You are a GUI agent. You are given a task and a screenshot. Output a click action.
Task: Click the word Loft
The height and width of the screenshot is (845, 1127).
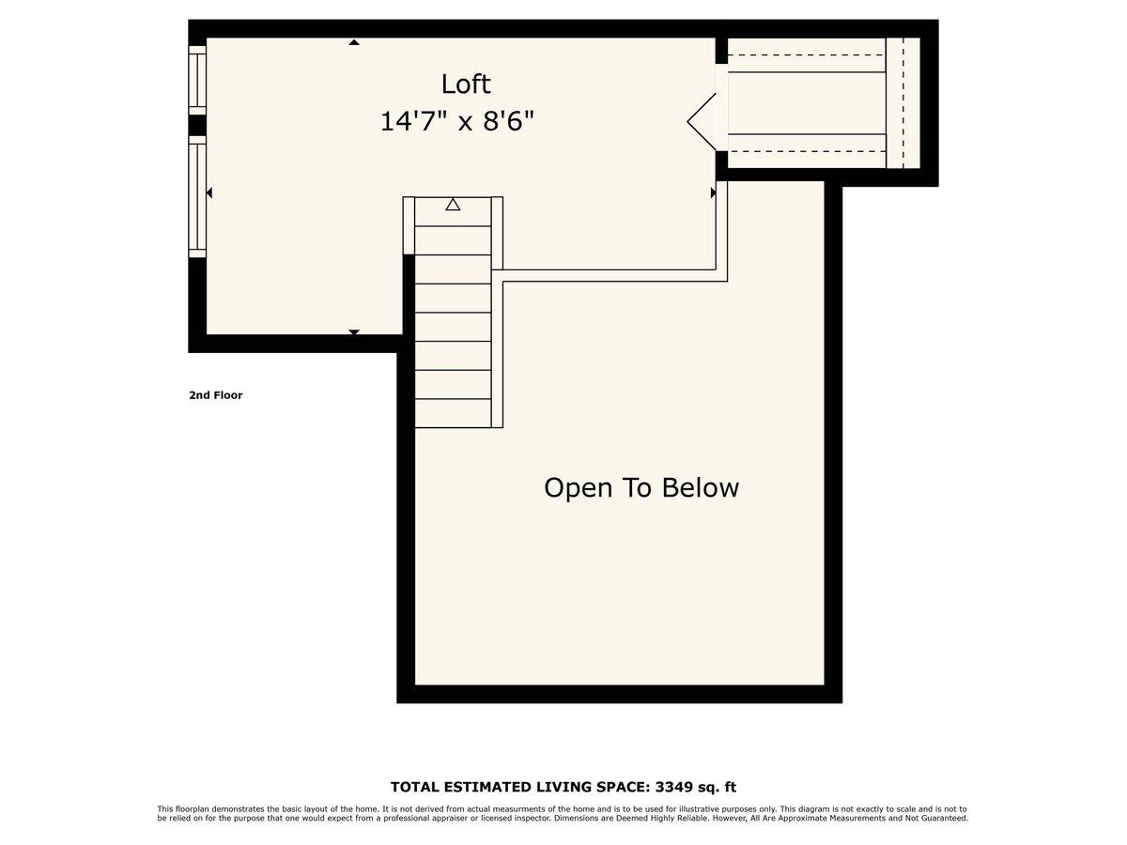[466, 84]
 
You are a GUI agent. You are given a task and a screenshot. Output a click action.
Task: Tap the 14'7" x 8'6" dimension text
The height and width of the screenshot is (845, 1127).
[457, 121]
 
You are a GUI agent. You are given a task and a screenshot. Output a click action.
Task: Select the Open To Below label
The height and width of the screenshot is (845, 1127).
[641, 488]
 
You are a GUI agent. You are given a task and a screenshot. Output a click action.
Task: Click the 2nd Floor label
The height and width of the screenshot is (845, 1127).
[215, 395]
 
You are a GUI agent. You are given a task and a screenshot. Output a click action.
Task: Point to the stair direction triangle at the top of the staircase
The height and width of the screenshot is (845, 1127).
[453, 204]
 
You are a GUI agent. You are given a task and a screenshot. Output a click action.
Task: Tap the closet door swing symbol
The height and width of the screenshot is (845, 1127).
[702, 120]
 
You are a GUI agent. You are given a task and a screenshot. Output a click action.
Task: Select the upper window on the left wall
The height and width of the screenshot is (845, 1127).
[197, 80]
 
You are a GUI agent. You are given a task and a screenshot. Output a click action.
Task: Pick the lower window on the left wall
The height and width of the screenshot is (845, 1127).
[197, 196]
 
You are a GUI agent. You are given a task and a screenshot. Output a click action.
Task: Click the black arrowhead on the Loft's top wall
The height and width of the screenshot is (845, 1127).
[354, 41]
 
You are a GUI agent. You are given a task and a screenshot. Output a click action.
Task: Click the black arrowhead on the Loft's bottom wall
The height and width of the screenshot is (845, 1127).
[354, 332]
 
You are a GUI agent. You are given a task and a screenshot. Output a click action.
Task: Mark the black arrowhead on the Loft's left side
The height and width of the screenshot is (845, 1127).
[209, 192]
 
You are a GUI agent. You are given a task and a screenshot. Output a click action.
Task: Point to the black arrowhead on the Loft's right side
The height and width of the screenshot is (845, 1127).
[713, 192]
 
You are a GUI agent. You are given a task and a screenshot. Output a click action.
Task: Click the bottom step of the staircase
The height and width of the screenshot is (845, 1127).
[453, 413]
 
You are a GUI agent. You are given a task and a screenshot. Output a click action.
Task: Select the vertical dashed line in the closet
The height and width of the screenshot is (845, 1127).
[903, 103]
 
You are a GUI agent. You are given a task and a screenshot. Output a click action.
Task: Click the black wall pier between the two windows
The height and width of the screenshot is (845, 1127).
[197, 125]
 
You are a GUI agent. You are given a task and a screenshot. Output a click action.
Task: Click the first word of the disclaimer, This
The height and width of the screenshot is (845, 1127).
[164, 808]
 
